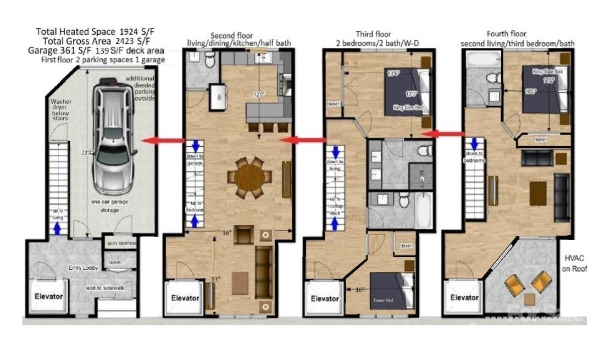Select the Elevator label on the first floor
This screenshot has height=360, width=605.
49,296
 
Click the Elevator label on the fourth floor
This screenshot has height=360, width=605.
464,297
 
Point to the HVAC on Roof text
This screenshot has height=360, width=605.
575,263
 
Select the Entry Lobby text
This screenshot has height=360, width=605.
83,268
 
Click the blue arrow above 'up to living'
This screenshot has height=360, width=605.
55,228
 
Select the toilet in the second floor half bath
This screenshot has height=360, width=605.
209,61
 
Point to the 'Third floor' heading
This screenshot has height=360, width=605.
373,34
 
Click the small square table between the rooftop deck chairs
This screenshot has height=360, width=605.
529,298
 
